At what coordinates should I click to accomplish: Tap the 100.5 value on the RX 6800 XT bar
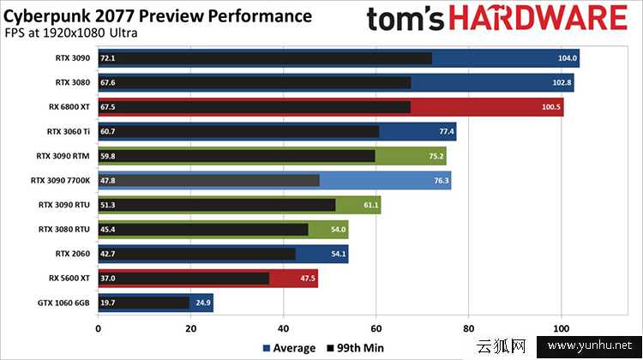pos(552,107)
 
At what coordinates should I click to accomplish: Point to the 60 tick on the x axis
pos(376,327)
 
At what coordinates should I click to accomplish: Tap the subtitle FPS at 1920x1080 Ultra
pos(75,33)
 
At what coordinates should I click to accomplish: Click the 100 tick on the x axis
pos(561,327)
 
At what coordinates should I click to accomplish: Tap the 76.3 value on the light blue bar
pos(438,181)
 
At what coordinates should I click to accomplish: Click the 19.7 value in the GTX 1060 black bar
pos(108,303)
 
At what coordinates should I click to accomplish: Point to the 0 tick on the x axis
pos(99,327)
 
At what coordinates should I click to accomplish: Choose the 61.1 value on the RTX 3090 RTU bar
pos(368,205)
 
